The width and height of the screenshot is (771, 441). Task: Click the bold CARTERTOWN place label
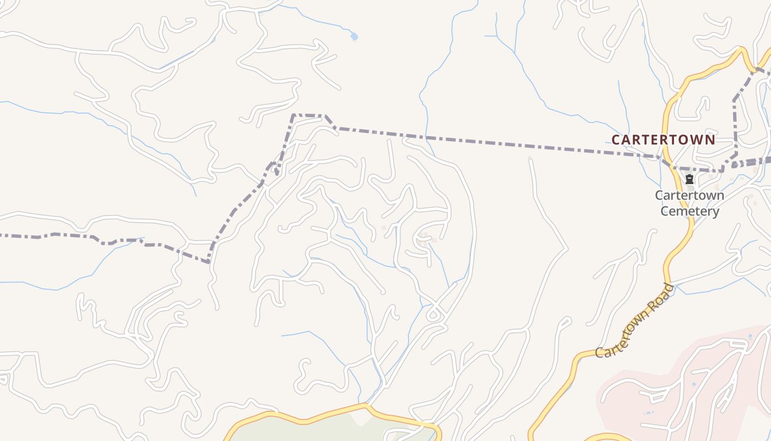663,139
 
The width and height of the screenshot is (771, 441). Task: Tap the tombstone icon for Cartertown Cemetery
689,179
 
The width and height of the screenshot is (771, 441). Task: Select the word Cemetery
689,211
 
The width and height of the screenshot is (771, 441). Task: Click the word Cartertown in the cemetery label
689,195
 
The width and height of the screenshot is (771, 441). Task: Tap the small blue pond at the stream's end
354,37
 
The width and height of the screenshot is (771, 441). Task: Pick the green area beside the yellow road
330,430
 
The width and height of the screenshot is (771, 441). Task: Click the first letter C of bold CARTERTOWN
616,139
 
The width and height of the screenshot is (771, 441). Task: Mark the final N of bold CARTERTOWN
710,139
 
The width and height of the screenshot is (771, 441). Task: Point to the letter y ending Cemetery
715,212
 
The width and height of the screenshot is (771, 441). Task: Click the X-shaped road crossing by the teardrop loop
435,304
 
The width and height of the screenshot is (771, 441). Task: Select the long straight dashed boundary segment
496,141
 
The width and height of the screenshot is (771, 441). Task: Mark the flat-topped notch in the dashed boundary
308,115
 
